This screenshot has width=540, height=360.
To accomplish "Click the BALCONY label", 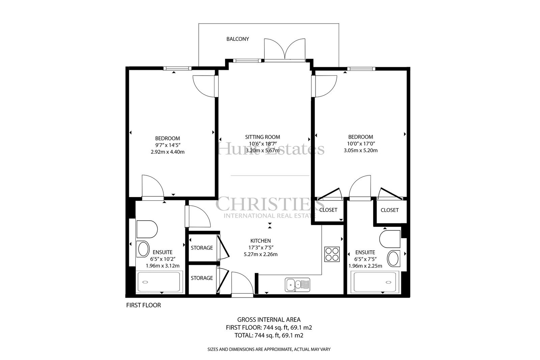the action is (x=238, y=39).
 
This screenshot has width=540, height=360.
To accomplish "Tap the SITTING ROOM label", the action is (x=263, y=137).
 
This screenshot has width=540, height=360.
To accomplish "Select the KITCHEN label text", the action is (x=261, y=241).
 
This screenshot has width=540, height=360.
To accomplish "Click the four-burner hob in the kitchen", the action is (x=332, y=254).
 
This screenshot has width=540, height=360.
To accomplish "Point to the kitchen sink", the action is (x=297, y=285).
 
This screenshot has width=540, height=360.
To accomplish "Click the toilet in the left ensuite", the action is (x=147, y=229).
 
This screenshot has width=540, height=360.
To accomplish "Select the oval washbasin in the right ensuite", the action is (x=394, y=258).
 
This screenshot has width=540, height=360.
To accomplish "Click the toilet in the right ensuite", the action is (x=390, y=239).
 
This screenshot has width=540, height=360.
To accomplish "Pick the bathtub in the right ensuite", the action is (x=375, y=282).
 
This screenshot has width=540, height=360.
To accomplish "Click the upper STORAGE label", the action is (x=202, y=248).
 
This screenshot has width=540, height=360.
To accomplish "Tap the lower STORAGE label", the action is (x=202, y=278).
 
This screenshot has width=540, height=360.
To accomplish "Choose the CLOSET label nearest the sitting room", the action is (x=328, y=210).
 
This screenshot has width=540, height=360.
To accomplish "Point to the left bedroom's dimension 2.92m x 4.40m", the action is (x=167, y=152).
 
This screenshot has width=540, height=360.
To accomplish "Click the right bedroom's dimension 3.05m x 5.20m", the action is (x=361, y=150).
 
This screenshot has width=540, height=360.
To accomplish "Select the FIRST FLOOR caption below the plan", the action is (x=143, y=305).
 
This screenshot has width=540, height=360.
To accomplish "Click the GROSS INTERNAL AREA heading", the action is (x=269, y=320).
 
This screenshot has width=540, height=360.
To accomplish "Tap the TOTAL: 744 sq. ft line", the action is (x=269, y=335).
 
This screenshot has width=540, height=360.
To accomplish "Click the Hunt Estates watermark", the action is (x=271, y=149).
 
